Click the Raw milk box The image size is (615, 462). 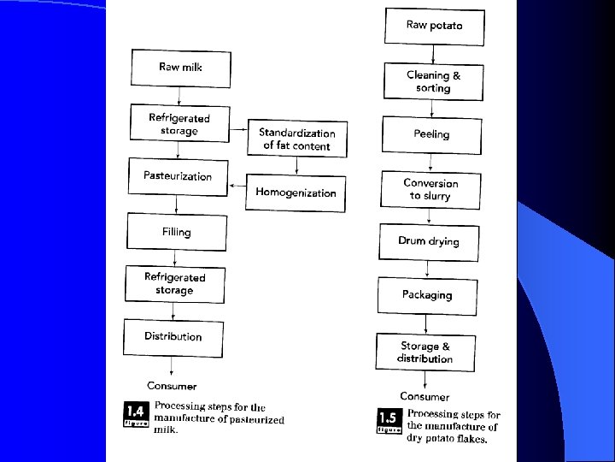[181, 68]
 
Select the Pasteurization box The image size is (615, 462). [178, 175]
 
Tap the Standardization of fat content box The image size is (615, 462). [297, 139]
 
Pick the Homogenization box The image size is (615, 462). [296, 192]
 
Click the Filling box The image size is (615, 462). [177, 232]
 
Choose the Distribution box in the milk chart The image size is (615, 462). [173, 336]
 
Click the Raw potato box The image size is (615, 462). [434, 26]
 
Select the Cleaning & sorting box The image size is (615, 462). [433, 82]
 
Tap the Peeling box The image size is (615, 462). [431, 134]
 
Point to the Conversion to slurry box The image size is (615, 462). [430, 189]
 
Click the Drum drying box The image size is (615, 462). [429, 241]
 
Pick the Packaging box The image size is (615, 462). [427, 295]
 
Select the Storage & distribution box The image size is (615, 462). [425, 352]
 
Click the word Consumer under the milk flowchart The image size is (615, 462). [172, 386]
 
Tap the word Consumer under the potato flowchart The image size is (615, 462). [425, 397]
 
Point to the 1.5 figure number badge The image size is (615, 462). [389, 420]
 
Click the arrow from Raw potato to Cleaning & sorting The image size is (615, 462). [434, 55]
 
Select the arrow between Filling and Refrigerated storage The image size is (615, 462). [175, 258]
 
